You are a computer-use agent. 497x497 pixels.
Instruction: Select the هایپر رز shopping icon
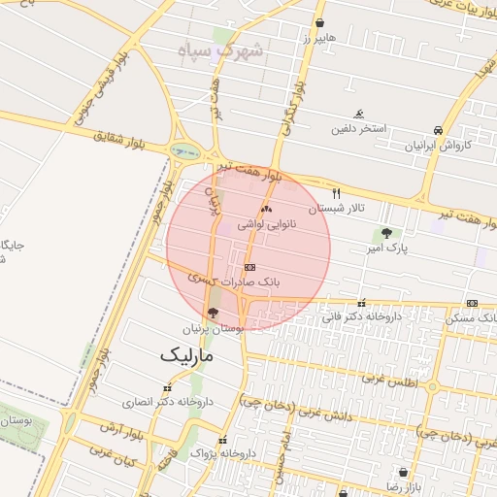tap(319, 22)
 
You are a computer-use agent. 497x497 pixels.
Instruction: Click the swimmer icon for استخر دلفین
tap(360, 114)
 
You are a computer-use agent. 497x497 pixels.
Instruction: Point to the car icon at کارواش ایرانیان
tap(439, 130)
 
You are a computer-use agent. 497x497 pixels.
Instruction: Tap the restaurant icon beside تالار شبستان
tap(337, 193)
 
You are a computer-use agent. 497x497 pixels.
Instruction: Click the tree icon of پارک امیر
tap(387, 233)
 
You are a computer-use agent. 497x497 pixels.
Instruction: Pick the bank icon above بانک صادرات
tap(249, 266)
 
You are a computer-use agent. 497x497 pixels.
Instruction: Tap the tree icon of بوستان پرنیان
tap(213, 313)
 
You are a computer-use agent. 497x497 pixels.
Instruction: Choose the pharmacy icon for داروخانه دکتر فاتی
tap(362, 302)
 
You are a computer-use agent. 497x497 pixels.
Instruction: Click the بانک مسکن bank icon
tap(472, 303)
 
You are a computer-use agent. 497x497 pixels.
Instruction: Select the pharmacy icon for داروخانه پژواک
tap(222, 440)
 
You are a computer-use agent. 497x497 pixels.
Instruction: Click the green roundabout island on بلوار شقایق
tap(182, 150)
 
